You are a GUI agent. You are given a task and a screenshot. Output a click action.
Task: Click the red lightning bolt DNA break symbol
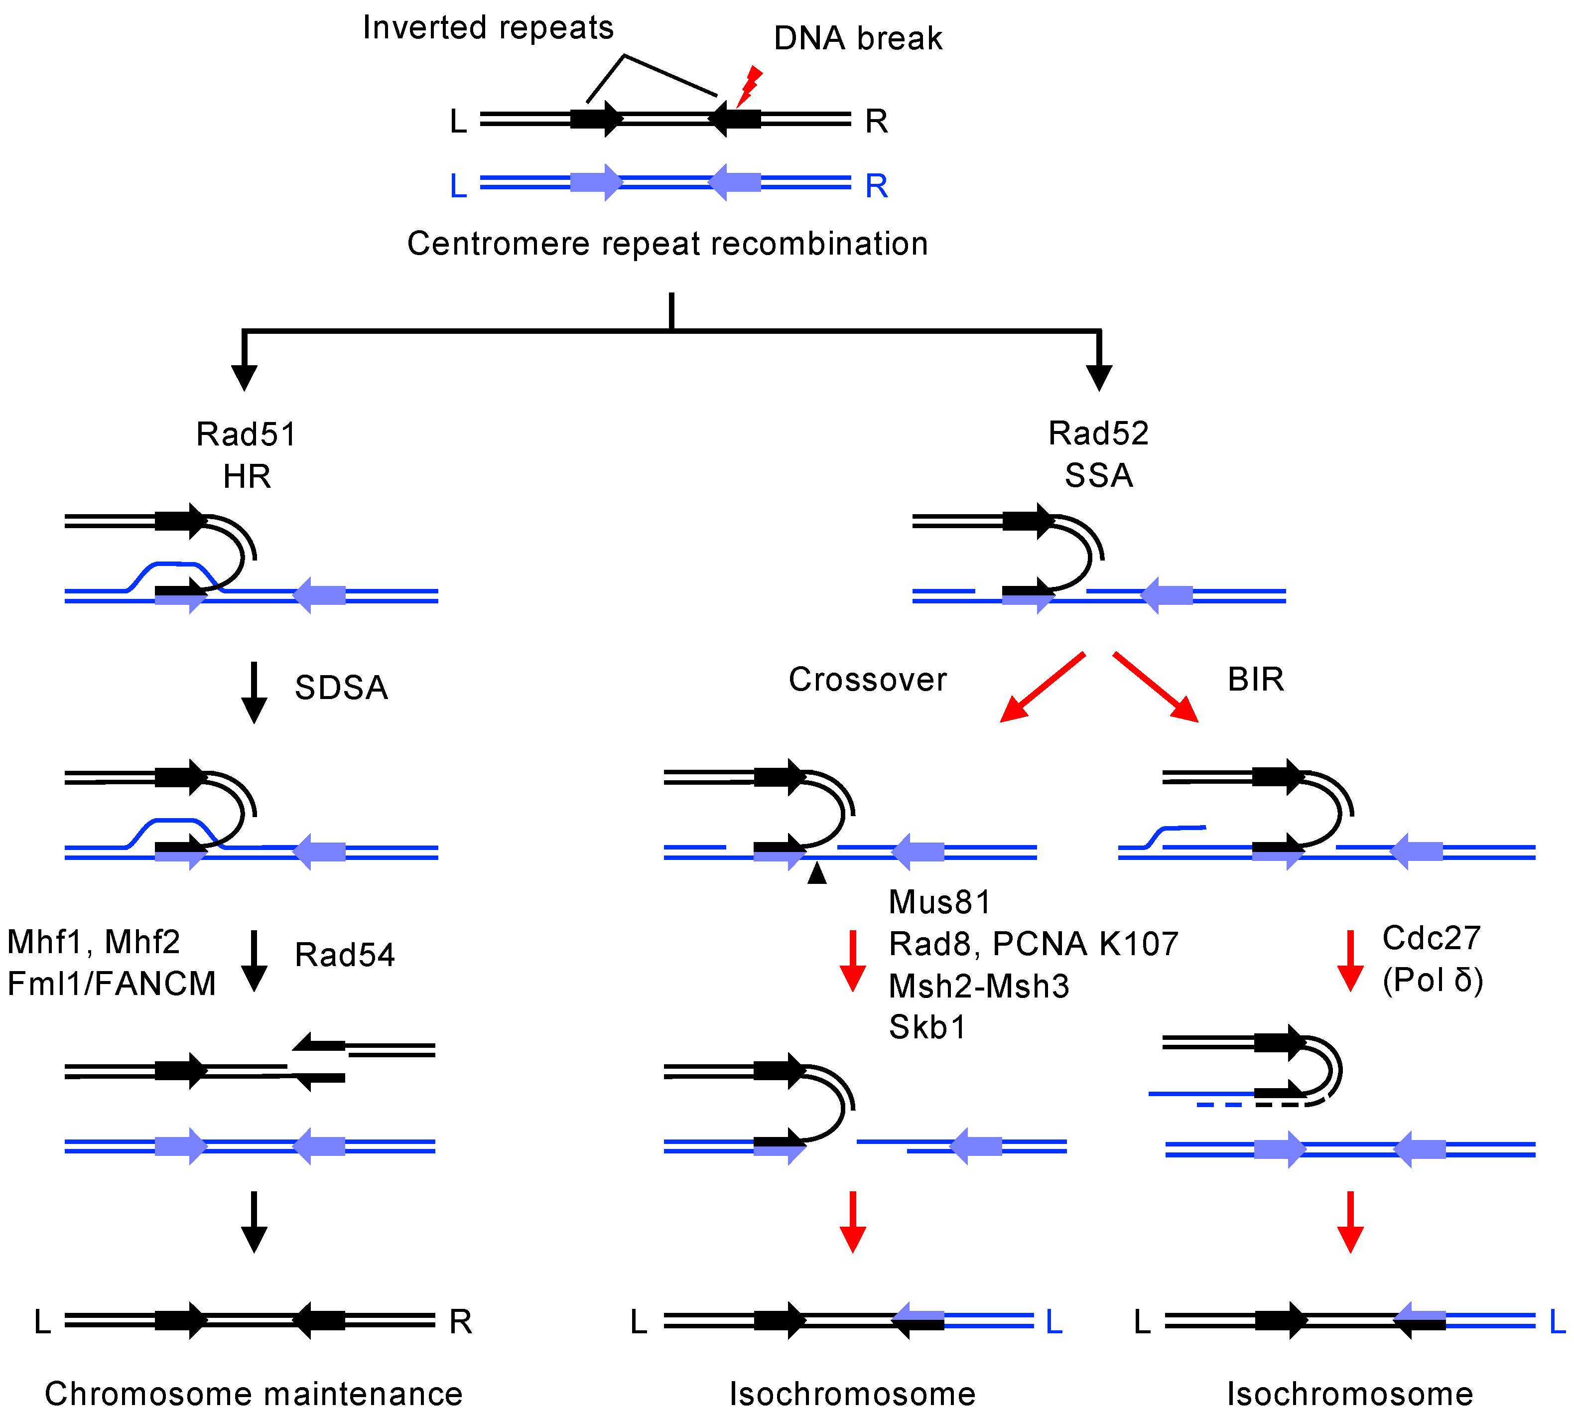[x=749, y=86]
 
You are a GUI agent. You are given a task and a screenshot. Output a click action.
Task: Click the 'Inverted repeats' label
[x=488, y=28]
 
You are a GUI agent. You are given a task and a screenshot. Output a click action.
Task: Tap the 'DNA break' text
[x=858, y=39]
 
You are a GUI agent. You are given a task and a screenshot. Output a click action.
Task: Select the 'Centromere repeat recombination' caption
[x=667, y=244]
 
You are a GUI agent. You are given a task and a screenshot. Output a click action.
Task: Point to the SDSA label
[x=341, y=688]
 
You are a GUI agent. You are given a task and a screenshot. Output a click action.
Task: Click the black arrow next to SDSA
[x=254, y=693]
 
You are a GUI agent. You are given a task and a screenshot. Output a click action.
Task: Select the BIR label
[x=1255, y=680]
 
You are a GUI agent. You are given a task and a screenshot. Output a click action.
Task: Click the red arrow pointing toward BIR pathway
[x=1156, y=686]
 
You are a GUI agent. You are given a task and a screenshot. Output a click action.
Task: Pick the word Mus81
[x=939, y=903]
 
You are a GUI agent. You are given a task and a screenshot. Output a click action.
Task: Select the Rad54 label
[x=345, y=956]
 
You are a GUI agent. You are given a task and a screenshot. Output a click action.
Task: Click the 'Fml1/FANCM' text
[x=112, y=985]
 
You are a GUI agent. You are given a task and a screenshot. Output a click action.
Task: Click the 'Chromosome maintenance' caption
[x=254, y=1394]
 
